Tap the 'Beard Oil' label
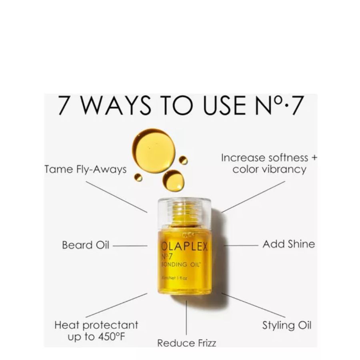tap(86, 245)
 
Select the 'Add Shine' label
tap(288, 244)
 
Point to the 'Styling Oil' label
tap(286, 325)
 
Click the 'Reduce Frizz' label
tap(186, 343)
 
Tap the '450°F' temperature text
tap(108, 337)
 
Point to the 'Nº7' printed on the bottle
tap(168, 257)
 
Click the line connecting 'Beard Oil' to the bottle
tap(130, 246)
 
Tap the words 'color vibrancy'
tap(269, 169)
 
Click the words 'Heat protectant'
tap(96, 325)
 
